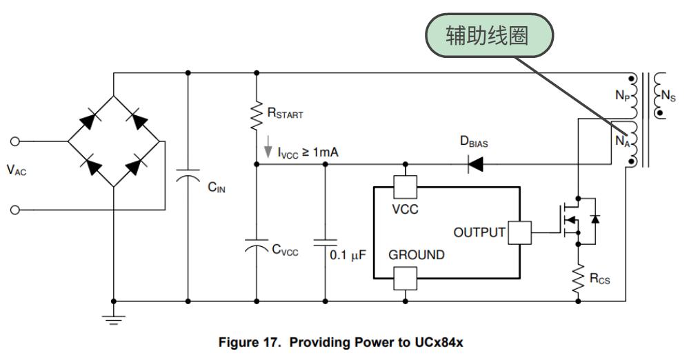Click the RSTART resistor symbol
point(256,117)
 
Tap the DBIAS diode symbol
point(475,164)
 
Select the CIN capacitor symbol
point(188,175)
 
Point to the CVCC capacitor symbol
point(256,246)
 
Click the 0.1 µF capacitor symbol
point(325,243)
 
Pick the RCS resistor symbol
point(578,279)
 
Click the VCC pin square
point(405,188)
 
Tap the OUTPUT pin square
point(519,232)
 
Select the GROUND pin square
point(405,279)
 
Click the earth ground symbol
point(113,319)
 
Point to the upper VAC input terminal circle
point(15,141)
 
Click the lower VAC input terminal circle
point(15,210)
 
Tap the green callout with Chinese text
point(489,35)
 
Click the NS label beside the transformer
point(668,95)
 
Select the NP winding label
point(623,95)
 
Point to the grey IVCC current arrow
point(268,147)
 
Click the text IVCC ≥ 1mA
point(308,152)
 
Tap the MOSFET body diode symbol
point(595,219)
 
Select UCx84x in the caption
point(439,343)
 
